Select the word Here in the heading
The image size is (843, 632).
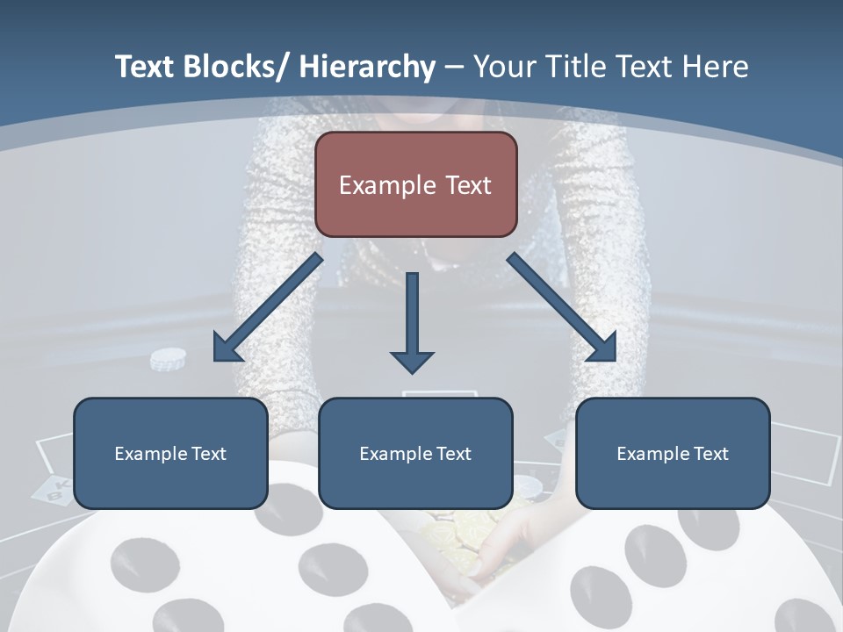(716, 67)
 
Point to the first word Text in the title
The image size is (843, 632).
(145, 67)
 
